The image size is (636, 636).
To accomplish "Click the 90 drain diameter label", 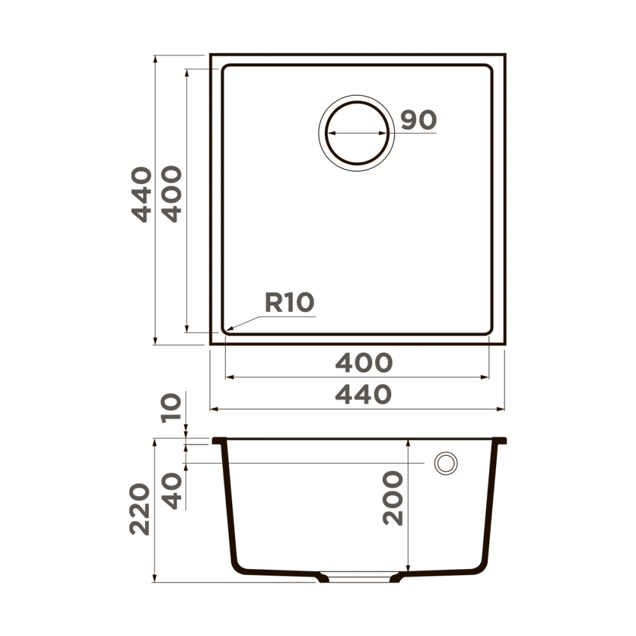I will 418,120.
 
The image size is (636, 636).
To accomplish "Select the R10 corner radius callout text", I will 289,303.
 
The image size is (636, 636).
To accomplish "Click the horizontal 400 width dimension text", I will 364,363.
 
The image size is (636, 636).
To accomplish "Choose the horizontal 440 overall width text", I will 364,395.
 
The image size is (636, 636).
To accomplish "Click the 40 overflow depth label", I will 171,492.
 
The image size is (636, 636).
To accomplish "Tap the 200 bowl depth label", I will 394,498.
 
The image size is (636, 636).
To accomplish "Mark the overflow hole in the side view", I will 445,463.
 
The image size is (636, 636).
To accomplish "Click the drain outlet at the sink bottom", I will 361,578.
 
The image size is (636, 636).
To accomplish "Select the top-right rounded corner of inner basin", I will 488,69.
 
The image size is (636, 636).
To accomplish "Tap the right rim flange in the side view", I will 501,440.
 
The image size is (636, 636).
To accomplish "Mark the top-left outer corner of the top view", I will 211,55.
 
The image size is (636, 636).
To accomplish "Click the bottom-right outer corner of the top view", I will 505,344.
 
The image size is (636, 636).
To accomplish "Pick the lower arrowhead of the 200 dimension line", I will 407,567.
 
